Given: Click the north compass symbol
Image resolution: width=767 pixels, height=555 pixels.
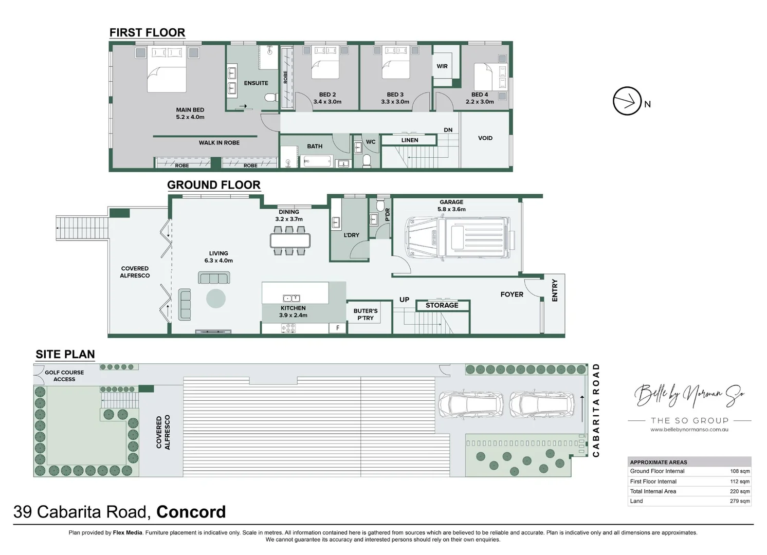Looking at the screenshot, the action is point(627,101).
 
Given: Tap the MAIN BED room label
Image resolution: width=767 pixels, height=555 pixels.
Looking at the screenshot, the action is point(190,113).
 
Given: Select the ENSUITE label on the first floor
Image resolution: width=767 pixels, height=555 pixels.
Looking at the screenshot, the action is point(256,83).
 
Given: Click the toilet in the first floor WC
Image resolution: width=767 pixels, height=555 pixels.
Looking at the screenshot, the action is point(367,161).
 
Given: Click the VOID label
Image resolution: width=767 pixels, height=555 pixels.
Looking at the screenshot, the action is point(485,138).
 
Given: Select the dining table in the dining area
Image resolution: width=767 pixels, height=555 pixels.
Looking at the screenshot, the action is point(290,240).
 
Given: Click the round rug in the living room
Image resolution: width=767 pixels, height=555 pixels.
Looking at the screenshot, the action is point(216,299).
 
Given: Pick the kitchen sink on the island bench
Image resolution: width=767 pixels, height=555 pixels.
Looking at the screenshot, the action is point(291,298).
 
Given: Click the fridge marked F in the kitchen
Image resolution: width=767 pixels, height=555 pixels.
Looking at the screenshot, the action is point(338,328).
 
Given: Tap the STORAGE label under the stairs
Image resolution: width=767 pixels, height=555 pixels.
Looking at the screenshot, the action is point(442,305).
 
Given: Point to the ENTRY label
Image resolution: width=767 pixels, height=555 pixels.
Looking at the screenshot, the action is point(554,290).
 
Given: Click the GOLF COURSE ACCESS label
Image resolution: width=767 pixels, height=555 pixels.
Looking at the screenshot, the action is point(64,376).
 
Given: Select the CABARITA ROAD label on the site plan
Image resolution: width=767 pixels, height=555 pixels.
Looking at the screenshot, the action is point(596,410).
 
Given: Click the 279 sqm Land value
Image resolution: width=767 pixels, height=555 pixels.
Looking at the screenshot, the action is point(740,501).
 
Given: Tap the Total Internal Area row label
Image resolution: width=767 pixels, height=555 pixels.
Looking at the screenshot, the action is point(653,491).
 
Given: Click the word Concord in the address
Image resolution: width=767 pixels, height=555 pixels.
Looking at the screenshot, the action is point(191,512).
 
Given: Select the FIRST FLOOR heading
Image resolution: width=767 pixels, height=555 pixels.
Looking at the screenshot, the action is point(147,32).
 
